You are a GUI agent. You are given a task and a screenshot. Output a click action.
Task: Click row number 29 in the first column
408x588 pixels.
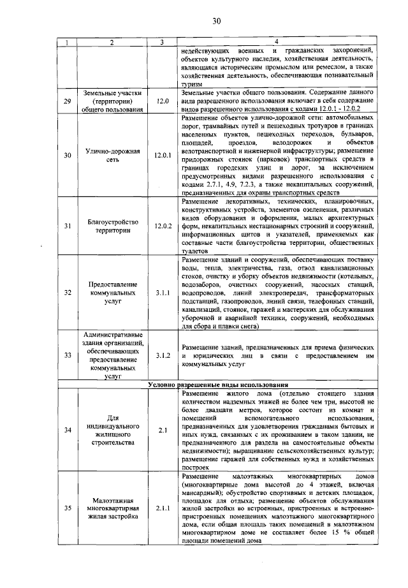68,101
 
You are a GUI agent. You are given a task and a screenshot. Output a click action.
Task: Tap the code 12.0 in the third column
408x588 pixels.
161,101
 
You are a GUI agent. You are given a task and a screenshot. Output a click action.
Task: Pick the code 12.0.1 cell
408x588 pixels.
162,154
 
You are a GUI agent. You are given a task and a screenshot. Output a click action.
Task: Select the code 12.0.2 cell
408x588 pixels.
162,225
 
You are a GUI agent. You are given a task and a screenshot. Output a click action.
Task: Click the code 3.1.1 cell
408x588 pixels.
162,292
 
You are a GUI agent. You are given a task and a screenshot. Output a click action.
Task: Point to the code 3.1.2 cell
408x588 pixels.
162,355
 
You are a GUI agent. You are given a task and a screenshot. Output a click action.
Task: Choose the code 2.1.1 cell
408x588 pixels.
162,508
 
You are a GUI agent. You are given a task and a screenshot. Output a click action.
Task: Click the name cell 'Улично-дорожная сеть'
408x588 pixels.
112,154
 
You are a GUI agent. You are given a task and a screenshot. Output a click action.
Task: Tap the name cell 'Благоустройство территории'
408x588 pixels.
112,225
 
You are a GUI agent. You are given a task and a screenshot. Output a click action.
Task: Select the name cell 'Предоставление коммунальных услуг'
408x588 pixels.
112,292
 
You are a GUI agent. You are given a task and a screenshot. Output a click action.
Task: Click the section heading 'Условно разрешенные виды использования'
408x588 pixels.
217,385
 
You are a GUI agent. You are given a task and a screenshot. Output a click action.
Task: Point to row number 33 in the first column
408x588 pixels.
68,355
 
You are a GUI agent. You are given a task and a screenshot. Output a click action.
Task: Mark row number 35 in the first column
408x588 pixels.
68,508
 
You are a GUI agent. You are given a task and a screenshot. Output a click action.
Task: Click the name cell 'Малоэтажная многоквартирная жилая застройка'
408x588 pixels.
112,508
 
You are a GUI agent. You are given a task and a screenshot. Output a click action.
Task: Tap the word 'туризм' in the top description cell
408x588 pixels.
193,84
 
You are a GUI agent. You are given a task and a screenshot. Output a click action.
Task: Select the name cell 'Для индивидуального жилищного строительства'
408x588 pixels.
112,429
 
